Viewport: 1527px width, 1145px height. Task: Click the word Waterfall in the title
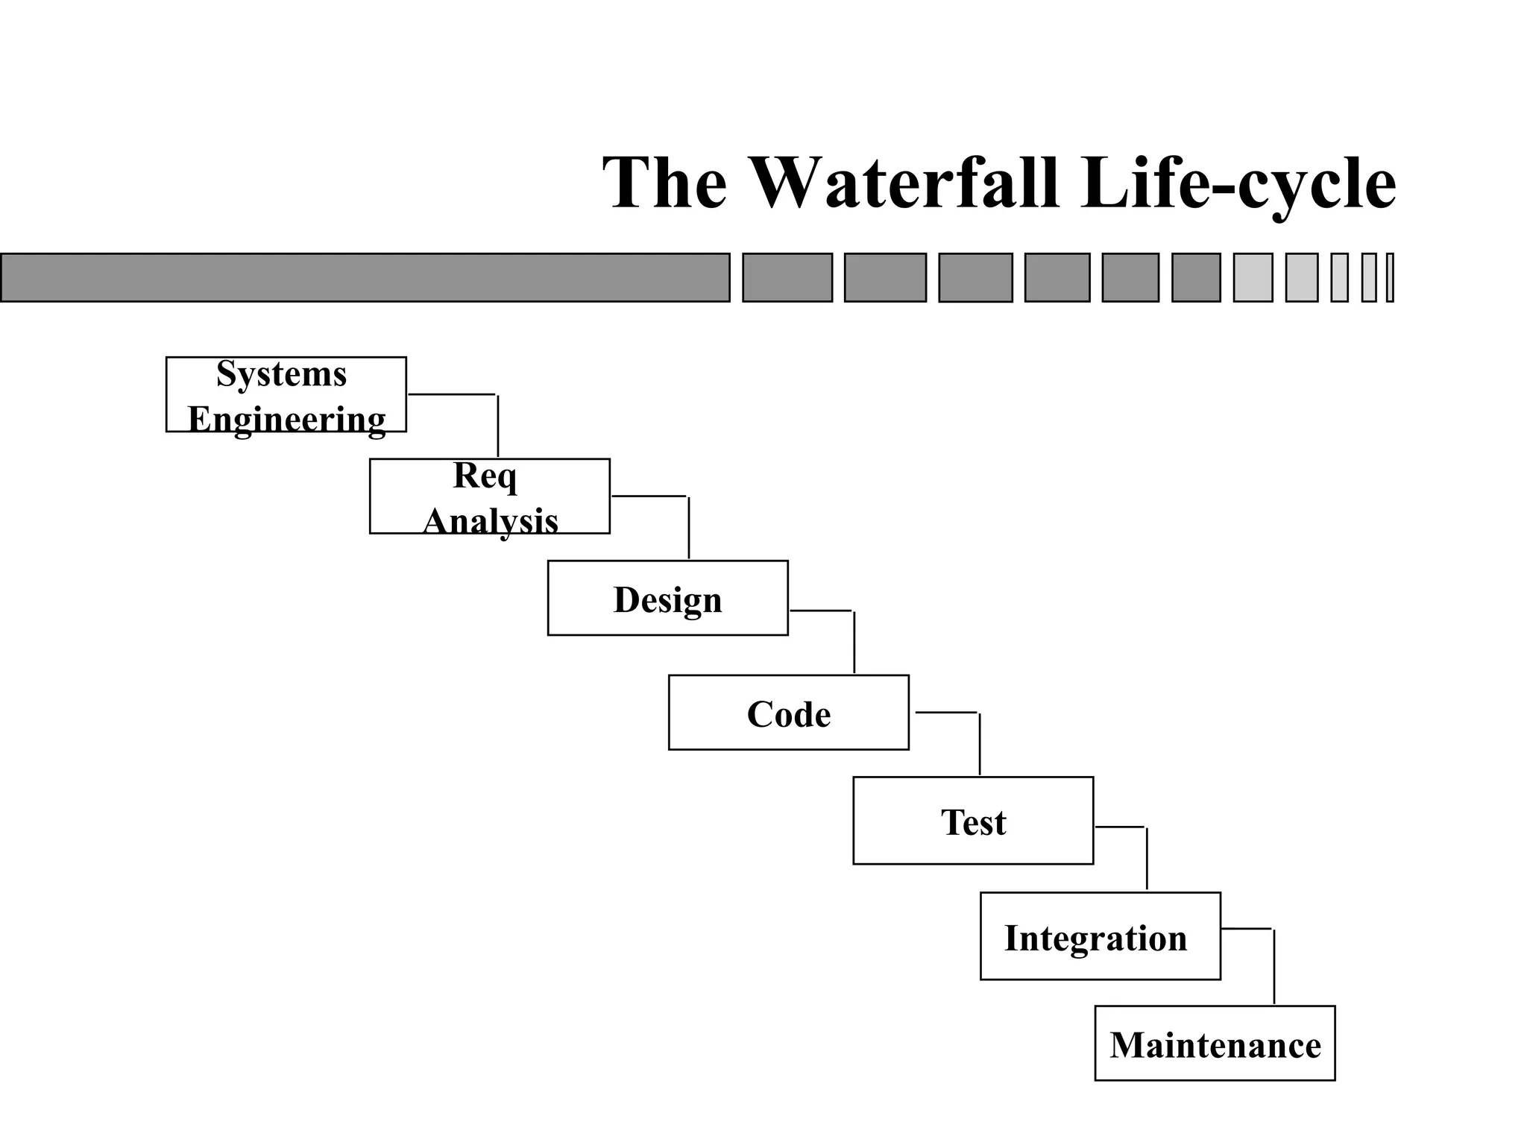click(904, 183)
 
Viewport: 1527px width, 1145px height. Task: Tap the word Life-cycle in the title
click(1238, 183)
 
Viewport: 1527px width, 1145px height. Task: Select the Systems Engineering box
click(286, 394)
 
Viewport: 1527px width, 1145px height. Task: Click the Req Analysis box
click(489, 496)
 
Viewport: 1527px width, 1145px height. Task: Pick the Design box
click(667, 598)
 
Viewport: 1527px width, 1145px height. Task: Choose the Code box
click(788, 713)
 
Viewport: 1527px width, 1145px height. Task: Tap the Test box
click(973, 821)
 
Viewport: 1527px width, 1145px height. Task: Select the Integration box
click(1100, 936)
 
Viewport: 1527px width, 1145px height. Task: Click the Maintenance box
click(1215, 1043)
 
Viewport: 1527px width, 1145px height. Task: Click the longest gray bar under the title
click(365, 277)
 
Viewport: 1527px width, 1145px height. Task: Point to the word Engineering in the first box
click(286, 420)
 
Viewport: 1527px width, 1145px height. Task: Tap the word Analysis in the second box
click(490, 521)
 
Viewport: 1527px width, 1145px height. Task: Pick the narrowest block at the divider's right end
click(1390, 277)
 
